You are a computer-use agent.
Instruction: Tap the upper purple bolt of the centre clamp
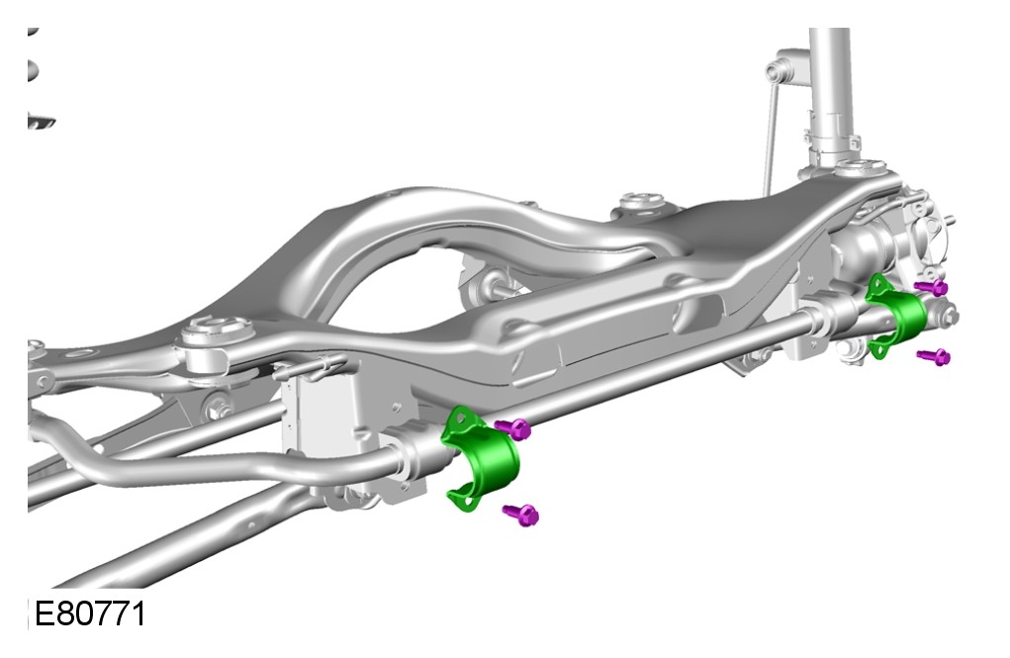click(x=513, y=427)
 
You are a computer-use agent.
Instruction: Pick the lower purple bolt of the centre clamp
click(x=521, y=514)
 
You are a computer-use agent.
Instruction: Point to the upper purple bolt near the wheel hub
click(x=932, y=287)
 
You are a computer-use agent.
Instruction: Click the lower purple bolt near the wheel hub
click(x=935, y=356)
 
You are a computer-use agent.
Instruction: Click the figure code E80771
click(x=90, y=613)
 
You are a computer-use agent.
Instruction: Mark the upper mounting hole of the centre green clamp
click(x=460, y=419)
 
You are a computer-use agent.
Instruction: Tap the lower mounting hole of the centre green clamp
click(x=464, y=497)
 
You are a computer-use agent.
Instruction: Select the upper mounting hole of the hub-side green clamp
click(x=877, y=283)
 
